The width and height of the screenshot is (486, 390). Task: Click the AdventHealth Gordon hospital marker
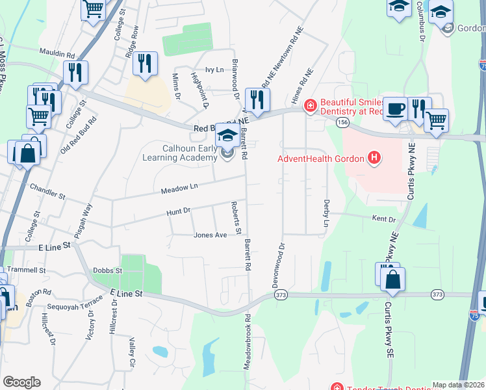click(x=374, y=158)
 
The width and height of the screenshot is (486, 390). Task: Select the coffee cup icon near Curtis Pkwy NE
click(x=394, y=109)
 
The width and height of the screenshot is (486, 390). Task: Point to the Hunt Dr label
click(x=177, y=211)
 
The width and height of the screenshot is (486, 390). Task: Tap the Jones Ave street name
click(x=210, y=235)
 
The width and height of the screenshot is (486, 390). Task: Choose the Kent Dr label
click(x=383, y=219)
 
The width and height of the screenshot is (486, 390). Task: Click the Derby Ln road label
click(x=326, y=213)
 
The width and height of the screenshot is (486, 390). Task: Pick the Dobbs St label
click(x=107, y=270)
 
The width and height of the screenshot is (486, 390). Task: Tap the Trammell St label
click(x=29, y=270)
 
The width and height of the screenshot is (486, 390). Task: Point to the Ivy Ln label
click(x=214, y=70)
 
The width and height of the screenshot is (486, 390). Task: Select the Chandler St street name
click(x=47, y=191)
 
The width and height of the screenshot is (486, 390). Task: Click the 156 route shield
click(x=343, y=122)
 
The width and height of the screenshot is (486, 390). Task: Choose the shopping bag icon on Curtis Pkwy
click(x=392, y=279)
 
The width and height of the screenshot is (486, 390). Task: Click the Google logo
click(x=21, y=382)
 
